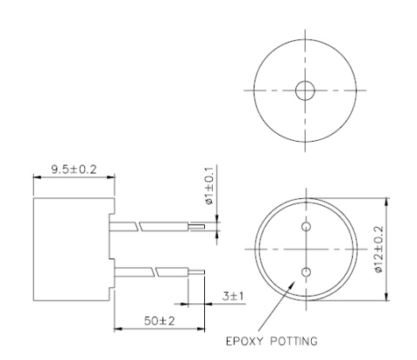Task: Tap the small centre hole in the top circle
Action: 304,90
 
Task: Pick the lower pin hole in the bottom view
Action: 305,272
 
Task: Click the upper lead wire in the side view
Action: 156,226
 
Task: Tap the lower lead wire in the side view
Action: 156,271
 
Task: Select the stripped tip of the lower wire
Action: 200,271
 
